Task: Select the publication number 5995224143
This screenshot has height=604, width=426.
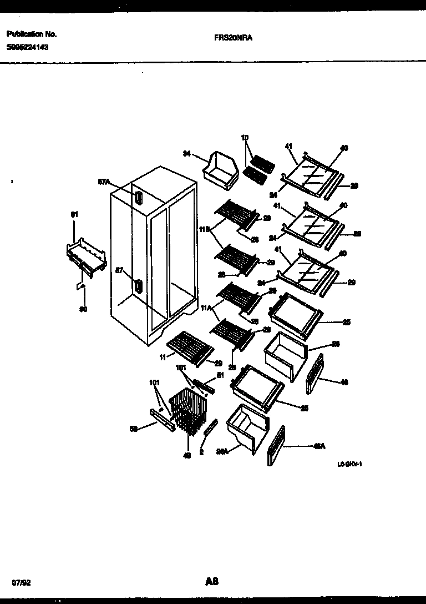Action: click(x=27, y=48)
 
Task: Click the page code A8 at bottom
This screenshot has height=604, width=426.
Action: click(x=211, y=566)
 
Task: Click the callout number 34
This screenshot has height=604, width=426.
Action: click(x=186, y=154)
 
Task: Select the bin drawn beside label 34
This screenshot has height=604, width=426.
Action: click(x=221, y=167)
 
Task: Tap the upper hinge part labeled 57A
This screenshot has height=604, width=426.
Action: click(x=137, y=197)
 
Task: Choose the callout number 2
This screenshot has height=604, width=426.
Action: click(x=202, y=452)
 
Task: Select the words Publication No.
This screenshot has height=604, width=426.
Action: click(x=32, y=34)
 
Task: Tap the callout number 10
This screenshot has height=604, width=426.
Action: click(x=245, y=137)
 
